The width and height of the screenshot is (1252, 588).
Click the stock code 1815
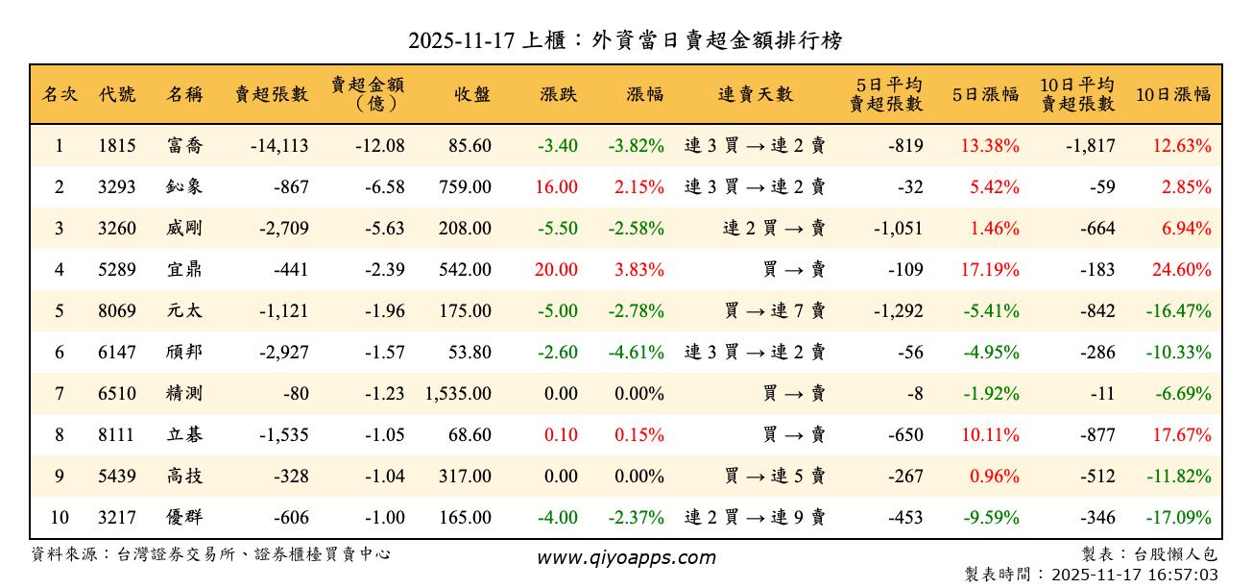coord(117,146)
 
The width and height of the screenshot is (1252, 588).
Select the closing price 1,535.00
coord(458,394)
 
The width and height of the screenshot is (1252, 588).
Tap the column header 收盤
coord(472,94)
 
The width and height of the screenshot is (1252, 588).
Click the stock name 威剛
coord(184,229)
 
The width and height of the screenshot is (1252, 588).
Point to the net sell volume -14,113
coord(278,146)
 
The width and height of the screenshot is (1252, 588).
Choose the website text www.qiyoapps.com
coord(626,558)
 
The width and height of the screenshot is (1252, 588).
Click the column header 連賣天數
coord(756,94)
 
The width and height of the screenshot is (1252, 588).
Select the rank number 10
coord(60,518)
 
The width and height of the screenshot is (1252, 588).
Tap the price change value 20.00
coord(556,270)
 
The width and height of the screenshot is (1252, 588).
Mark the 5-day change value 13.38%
coord(990,146)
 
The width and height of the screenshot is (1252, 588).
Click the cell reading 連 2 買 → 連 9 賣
coord(755,518)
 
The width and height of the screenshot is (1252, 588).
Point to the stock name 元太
coord(184,311)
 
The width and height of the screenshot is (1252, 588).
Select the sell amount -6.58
coord(384,187)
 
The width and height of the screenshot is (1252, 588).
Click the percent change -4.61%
coord(636,353)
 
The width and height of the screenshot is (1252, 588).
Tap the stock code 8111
coord(117,435)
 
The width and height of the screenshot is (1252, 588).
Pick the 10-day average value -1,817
coord(1090,146)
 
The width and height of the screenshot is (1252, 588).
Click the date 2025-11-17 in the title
coord(461,41)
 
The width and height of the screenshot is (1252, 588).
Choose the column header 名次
coord(60,94)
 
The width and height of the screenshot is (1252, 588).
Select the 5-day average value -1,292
coord(898,311)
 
